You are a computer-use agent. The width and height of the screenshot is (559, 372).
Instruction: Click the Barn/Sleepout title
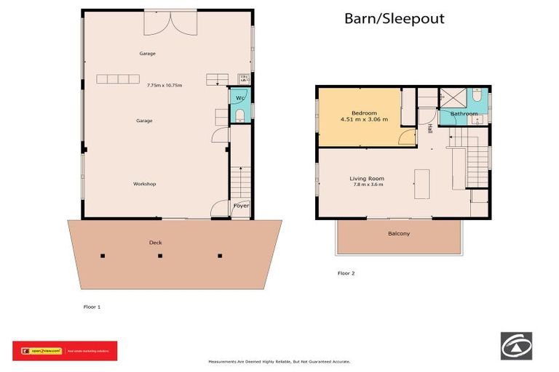(x=394, y=19)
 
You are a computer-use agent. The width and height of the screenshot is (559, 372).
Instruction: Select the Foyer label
(x=241, y=206)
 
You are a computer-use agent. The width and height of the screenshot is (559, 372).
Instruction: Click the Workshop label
(x=144, y=184)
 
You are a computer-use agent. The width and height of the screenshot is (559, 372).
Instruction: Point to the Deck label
(x=155, y=242)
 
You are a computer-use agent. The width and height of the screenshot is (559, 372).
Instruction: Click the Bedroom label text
(x=364, y=113)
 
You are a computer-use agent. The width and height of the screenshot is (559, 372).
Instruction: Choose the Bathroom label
(x=464, y=114)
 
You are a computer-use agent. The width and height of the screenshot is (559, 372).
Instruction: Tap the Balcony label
(x=398, y=233)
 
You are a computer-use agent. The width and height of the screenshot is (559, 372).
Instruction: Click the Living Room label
(x=366, y=178)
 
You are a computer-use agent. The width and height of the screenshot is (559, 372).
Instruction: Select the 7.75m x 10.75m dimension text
(x=164, y=85)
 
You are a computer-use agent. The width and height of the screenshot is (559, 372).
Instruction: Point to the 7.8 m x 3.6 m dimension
(x=367, y=185)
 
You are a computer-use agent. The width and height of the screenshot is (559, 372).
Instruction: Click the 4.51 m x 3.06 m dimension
(x=364, y=120)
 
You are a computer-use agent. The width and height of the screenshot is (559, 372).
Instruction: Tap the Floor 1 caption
(x=92, y=307)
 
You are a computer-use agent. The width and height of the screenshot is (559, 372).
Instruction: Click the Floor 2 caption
(x=346, y=273)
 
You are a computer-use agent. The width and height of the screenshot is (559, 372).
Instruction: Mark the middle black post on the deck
(x=161, y=256)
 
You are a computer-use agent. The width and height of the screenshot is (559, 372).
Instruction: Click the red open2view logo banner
(x=65, y=351)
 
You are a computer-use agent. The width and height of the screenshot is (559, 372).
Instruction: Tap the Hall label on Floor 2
(x=429, y=128)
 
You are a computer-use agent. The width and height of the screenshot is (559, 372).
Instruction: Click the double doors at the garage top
(x=170, y=23)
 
